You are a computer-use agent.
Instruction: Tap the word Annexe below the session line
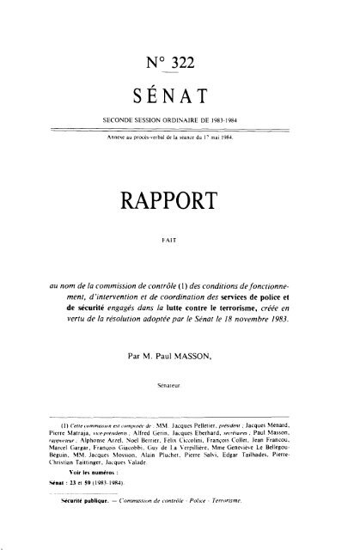[117, 136]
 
